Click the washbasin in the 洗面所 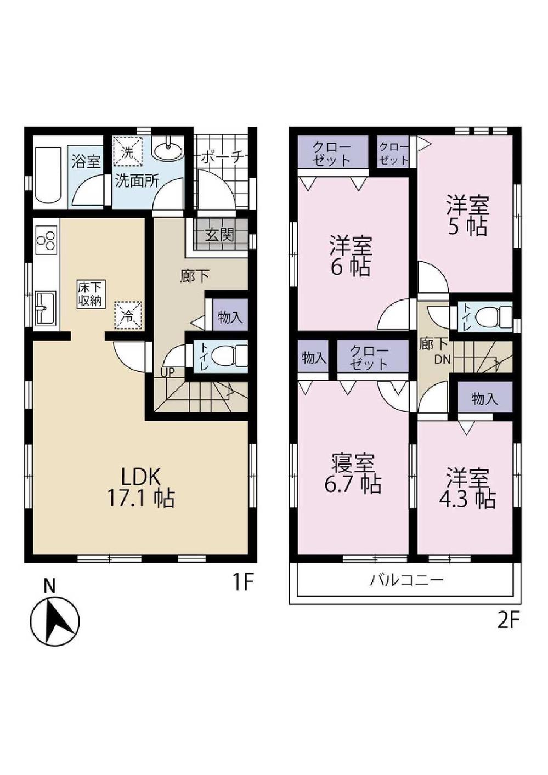pyautogui.click(x=167, y=149)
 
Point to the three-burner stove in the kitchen pyautogui.click(x=46, y=240)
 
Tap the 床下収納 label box pyautogui.click(x=90, y=295)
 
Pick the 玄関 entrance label pyautogui.click(x=219, y=235)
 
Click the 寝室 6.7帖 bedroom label pyautogui.click(x=353, y=474)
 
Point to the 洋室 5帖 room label pyautogui.click(x=467, y=216)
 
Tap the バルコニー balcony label pyautogui.click(x=406, y=580)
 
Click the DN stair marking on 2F pyautogui.click(x=442, y=360)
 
